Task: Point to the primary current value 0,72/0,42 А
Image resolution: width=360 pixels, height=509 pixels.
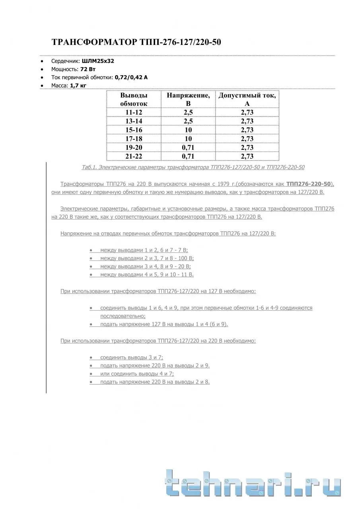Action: click(x=131, y=77)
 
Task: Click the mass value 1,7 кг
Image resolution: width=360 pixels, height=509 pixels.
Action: click(x=78, y=85)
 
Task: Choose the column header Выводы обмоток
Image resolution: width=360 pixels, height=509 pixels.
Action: click(x=134, y=99)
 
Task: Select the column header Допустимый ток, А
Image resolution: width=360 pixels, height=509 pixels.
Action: click(x=247, y=99)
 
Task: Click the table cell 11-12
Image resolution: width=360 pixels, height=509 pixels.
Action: click(x=134, y=112)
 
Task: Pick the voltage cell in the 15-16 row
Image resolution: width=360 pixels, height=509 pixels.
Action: click(x=188, y=130)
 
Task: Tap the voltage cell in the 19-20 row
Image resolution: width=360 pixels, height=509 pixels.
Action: click(x=188, y=148)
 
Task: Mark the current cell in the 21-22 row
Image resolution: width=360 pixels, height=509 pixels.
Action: click(x=247, y=156)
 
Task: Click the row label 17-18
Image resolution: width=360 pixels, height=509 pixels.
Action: click(x=134, y=139)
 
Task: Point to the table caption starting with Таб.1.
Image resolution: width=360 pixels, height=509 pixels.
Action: click(x=193, y=167)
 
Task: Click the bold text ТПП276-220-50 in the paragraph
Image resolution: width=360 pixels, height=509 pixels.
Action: click(x=308, y=184)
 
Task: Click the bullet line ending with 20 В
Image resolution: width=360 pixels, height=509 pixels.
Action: click(x=145, y=266)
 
